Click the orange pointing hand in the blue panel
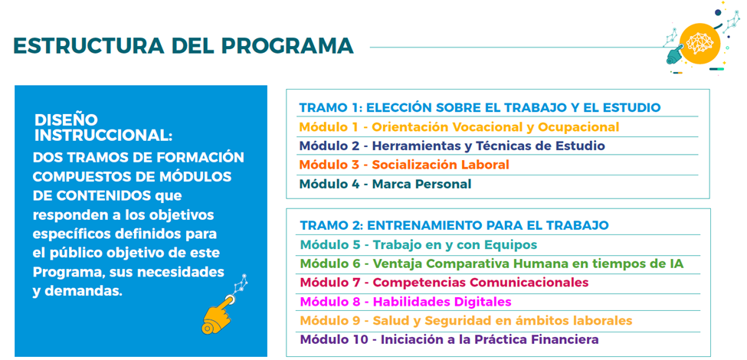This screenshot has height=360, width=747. [x=218, y=315]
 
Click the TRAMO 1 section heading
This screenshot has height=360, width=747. [x=480, y=108]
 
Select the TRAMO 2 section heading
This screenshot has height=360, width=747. [x=454, y=224]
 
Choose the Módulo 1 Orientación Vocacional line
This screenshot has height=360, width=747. [x=459, y=127]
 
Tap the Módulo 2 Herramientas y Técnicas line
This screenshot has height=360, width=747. [x=452, y=146]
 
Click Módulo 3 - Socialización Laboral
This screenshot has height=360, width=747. [x=404, y=165]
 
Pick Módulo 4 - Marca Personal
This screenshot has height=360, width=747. [x=385, y=184]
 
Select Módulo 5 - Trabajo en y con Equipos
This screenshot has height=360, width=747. [x=419, y=245]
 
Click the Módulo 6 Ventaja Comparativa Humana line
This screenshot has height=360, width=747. [x=492, y=263]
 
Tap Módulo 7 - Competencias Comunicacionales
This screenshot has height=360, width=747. [x=444, y=283]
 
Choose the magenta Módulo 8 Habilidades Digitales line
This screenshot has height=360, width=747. [x=406, y=302]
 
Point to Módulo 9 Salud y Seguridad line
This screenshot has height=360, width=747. [x=467, y=320]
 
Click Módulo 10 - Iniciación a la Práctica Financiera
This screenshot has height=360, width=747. [x=450, y=340]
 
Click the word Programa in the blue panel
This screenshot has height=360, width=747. [x=67, y=273]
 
